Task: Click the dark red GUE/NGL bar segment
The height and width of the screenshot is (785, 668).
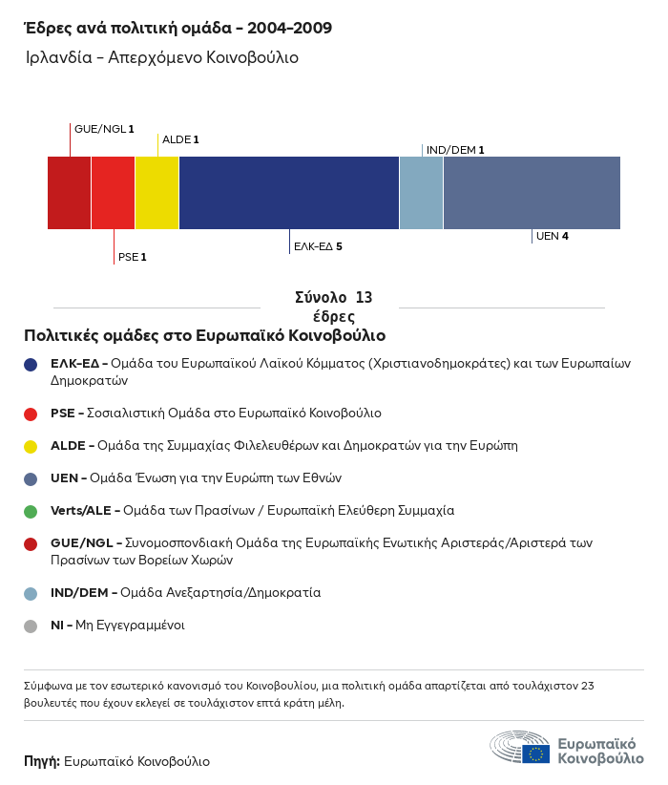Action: pos(69,193)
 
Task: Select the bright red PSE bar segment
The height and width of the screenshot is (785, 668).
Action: pos(113,193)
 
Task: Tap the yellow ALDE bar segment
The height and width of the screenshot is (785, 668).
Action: pos(157,193)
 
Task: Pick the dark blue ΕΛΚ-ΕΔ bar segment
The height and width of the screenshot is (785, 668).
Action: pos(288,193)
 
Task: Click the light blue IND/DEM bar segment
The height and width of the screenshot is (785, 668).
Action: pos(421,193)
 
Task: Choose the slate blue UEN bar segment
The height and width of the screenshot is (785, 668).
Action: pos(532,193)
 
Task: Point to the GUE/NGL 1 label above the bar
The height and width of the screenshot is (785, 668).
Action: pos(104,129)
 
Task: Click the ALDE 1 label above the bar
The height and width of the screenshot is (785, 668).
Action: pos(180,140)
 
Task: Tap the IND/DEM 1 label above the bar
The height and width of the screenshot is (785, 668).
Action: pos(455,150)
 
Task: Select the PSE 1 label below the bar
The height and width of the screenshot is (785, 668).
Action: pos(132,257)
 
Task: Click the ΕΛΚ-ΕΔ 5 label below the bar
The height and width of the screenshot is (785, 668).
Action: pos(318,246)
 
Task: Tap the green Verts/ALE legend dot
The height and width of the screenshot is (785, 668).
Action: pos(31,511)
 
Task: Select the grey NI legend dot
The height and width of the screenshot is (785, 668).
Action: pos(31,626)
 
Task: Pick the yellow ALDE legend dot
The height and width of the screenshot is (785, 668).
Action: pos(31,446)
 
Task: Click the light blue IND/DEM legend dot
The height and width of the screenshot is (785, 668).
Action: pos(31,593)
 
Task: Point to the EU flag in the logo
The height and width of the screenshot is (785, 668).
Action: pos(535,753)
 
